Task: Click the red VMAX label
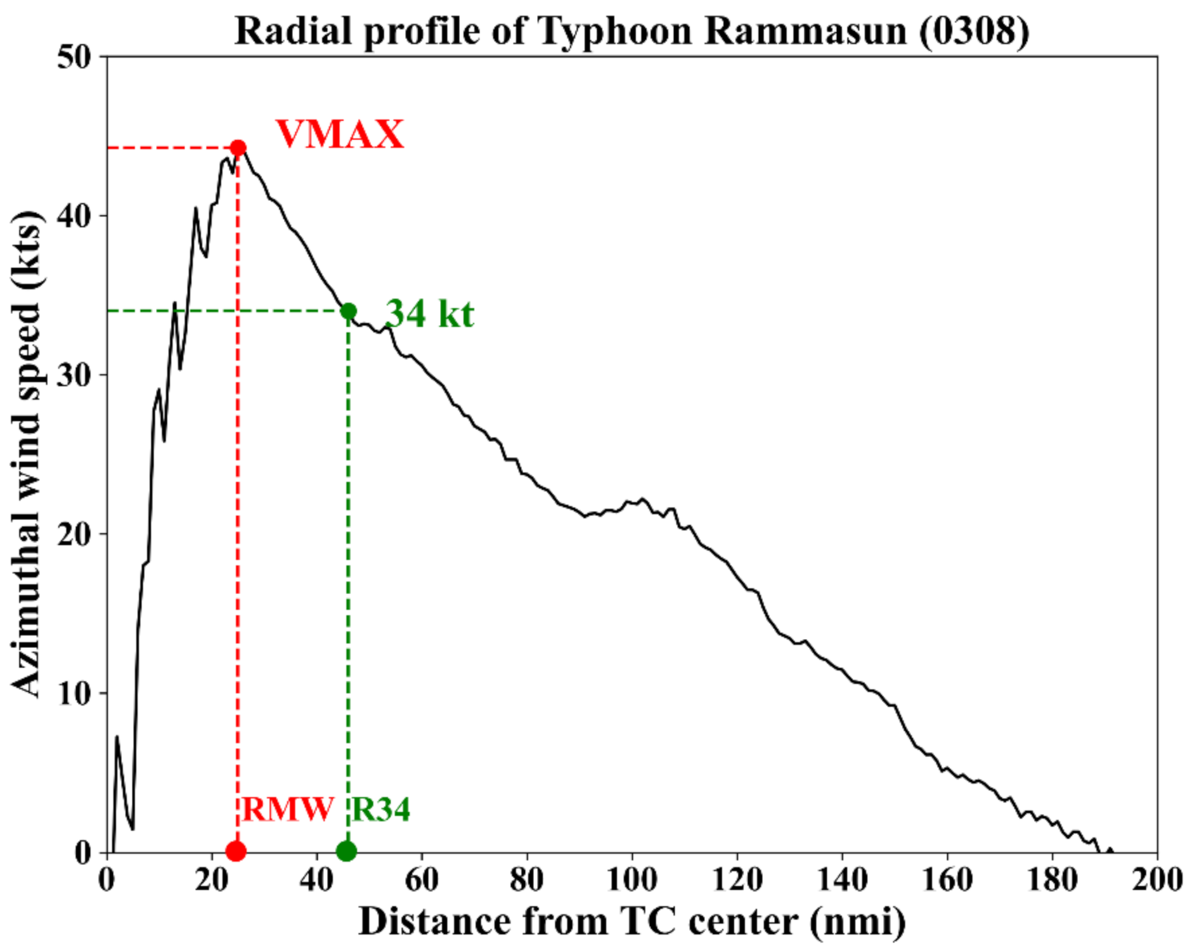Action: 339,134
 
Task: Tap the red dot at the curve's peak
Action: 238,148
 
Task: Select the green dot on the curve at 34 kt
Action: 348,311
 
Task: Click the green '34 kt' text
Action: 429,314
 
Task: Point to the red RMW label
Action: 287,810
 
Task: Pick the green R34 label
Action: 380,810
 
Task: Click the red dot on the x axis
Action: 236,851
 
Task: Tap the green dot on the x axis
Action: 346,851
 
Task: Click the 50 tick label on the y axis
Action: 75,57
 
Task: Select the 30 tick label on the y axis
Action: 75,375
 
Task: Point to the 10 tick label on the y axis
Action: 75,693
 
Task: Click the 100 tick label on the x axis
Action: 632,880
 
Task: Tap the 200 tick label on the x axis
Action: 1156,880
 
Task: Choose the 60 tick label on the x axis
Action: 422,880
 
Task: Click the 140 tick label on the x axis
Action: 841,880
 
